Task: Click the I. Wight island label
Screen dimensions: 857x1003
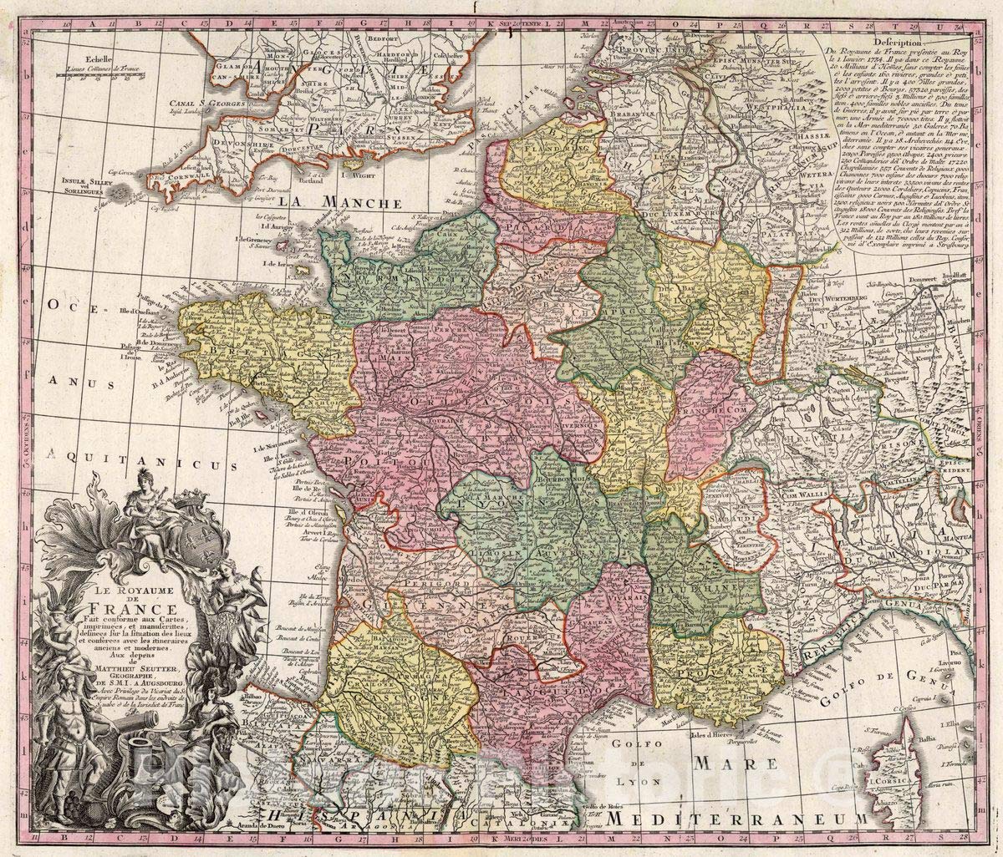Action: point(356,165)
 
